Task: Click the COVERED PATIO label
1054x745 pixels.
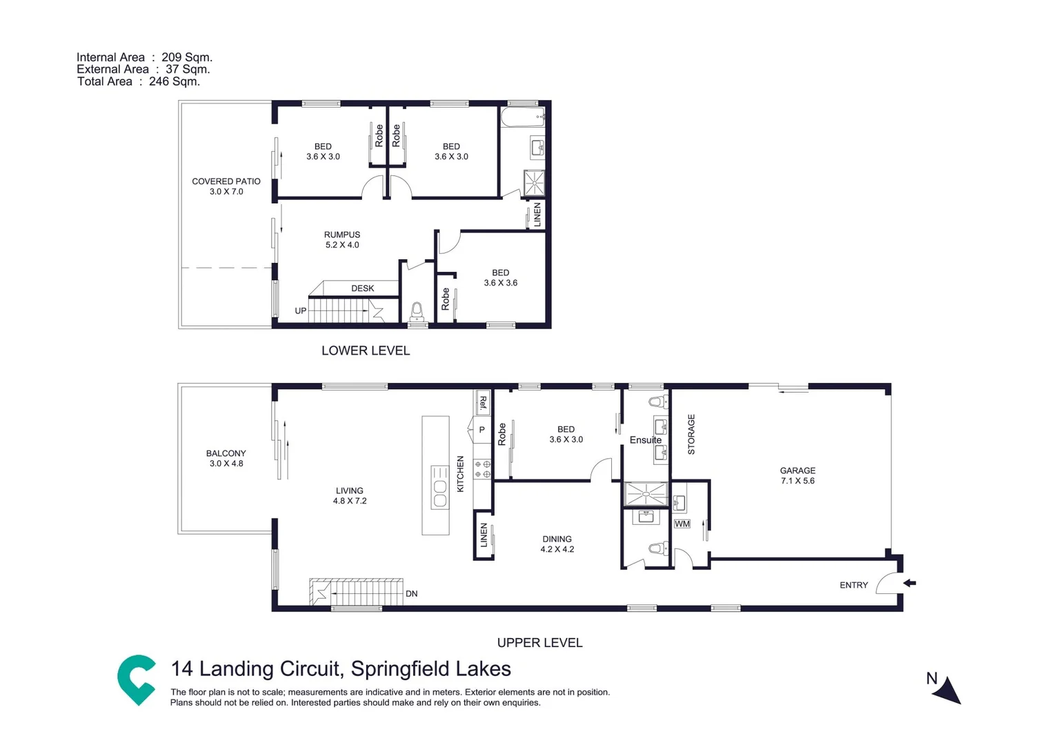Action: (226, 186)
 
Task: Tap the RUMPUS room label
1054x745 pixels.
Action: (342, 239)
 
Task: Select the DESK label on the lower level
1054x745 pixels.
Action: (362, 288)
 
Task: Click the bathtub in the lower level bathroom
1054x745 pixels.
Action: (522, 117)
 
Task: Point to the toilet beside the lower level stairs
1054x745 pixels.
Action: (417, 312)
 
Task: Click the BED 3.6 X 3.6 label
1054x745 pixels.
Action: (500, 277)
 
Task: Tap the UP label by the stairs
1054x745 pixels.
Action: (301, 311)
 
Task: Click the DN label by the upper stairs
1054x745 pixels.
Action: (411, 594)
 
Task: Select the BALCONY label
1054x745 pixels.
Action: (226, 458)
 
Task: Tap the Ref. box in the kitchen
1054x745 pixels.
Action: (483, 403)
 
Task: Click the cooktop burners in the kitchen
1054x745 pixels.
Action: (482, 469)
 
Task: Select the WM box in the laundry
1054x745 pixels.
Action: (682, 524)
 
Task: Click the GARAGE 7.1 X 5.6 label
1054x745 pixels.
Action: (797, 475)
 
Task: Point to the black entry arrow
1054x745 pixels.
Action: (910, 584)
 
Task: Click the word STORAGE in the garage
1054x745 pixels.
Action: (691, 435)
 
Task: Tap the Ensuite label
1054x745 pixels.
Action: (645, 440)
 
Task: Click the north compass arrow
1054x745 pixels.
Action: (948, 690)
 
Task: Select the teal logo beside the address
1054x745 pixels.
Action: (137, 679)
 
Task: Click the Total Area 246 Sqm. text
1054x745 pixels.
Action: (138, 81)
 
